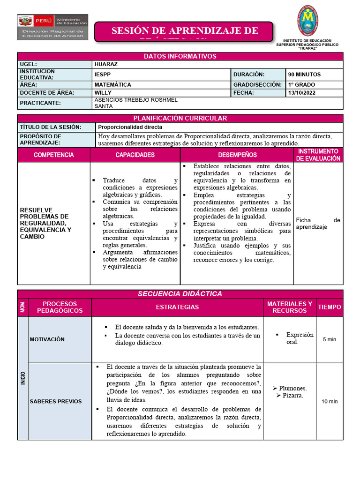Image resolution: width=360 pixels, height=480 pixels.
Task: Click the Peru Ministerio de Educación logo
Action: (52, 27)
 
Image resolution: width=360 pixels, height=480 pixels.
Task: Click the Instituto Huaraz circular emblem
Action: (310, 21)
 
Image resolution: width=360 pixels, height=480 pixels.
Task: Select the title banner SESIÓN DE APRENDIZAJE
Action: (184, 31)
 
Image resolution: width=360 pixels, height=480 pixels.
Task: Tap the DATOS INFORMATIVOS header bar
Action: (180, 56)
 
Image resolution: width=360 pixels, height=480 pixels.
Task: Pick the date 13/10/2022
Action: (302, 93)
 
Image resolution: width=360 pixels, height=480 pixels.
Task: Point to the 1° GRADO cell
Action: (302, 85)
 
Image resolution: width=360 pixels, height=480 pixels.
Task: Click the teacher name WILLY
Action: (103, 93)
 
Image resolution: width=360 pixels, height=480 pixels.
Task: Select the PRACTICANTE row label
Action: (41, 103)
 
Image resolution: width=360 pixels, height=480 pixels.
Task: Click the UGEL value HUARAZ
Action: (106, 64)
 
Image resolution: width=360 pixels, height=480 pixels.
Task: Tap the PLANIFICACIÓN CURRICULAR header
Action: (180, 119)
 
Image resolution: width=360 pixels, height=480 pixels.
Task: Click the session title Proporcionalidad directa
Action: (130, 127)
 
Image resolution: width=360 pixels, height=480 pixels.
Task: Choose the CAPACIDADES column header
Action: (135, 155)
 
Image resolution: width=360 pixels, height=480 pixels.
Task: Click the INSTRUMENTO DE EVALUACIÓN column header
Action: (318, 155)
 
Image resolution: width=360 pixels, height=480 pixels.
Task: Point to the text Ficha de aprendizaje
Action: (318, 224)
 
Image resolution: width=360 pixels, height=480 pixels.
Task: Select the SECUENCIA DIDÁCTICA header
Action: (180, 294)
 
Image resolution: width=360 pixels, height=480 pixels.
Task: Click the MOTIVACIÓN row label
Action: (47, 339)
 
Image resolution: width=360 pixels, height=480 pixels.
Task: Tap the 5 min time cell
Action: (330, 339)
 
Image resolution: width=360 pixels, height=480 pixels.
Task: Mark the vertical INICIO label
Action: (23, 378)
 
